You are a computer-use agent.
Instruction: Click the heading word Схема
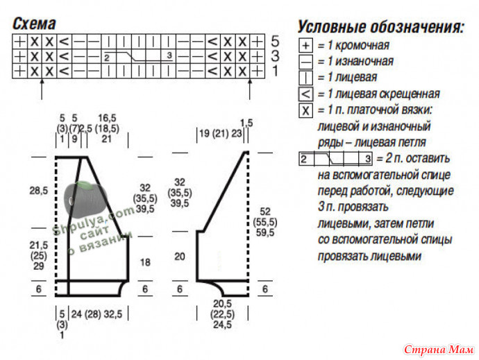[x=34, y=24]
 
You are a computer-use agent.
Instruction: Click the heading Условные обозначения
[x=381, y=27]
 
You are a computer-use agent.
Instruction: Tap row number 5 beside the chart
[x=275, y=41]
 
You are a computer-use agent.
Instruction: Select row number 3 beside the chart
[x=275, y=56]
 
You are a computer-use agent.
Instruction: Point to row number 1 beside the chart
[x=275, y=71]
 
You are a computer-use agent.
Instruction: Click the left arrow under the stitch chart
[x=42, y=89]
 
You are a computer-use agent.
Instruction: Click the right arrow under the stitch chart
[x=250, y=89]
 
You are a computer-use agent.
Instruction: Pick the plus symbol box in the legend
[x=305, y=46]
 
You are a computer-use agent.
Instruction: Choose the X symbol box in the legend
[x=305, y=110]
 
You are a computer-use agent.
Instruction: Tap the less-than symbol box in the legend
[x=305, y=94]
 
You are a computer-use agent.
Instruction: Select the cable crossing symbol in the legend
[x=335, y=159]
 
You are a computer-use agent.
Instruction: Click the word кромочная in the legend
[x=362, y=46]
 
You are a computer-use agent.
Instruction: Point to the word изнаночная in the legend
[x=364, y=61]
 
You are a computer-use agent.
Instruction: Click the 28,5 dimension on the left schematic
[x=39, y=191]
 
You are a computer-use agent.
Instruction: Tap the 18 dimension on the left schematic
[x=145, y=262]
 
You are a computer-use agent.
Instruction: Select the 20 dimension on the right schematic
[x=180, y=257]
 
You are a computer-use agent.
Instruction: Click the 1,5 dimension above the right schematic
[x=246, y=123]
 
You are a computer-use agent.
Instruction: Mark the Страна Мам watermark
[x=439, y=350]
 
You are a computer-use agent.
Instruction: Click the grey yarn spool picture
[x=85, y=199]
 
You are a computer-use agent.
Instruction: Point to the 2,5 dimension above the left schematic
[x=85, y=128]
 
